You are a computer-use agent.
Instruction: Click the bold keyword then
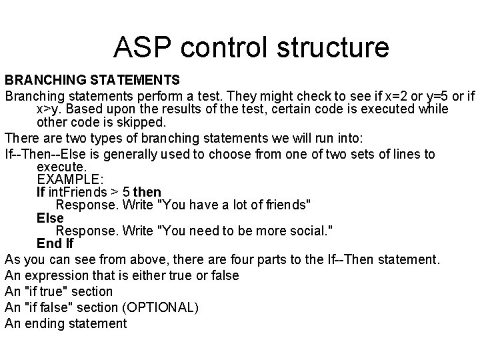(147, 192)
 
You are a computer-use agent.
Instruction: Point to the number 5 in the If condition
(125, 192)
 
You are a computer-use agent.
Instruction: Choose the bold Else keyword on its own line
(50, 218)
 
